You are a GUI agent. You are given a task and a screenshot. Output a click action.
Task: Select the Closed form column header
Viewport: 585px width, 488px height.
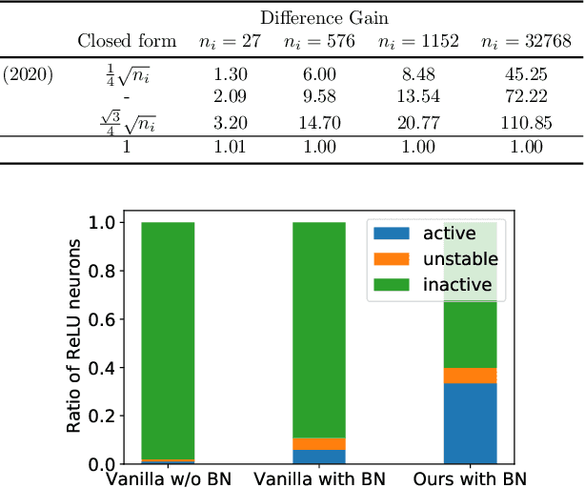click(x=127, y=41)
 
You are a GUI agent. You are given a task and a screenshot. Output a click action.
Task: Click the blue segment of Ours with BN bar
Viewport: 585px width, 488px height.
click(x=470, y=424)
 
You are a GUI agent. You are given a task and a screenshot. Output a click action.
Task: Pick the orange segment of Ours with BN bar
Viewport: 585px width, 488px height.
click(x=470, y=376)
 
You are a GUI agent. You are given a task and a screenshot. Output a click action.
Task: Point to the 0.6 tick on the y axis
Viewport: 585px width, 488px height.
click(x=102, y=319)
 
